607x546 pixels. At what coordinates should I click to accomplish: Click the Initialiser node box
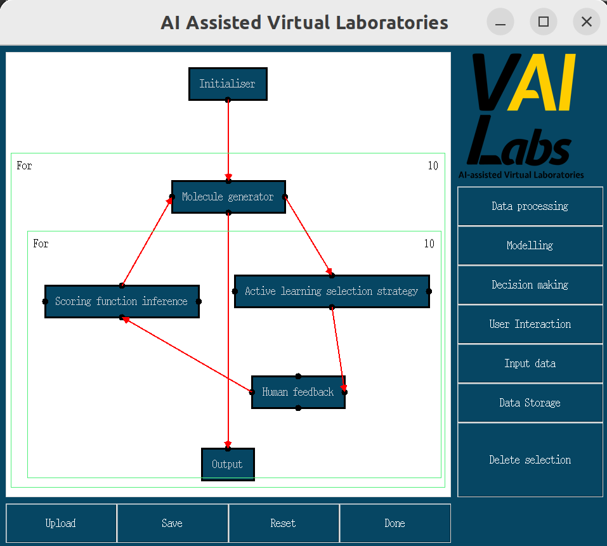point(228,84)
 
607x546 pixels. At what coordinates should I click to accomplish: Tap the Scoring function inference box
point(122,301)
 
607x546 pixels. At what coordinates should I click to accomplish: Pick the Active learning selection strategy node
point(332,291)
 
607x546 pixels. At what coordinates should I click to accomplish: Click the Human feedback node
point(298,392)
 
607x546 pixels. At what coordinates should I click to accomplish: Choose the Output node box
point(228,464)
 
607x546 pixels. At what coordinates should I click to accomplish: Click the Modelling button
point(530,245)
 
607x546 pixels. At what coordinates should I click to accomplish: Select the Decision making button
point(530,285)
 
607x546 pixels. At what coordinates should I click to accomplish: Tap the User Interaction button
point(530,324)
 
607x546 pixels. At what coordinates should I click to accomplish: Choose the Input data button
point(530,363)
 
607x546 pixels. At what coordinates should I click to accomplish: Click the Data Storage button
point(530,403)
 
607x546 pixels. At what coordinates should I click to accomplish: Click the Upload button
point(61,523)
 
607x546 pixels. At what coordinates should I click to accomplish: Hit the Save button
point(173,523)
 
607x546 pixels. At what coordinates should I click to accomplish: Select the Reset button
point(284,523)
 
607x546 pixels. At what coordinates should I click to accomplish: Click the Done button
point(395,523)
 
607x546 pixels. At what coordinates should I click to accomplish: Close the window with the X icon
point(587,22)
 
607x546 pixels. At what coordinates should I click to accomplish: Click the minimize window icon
point(500,22)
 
